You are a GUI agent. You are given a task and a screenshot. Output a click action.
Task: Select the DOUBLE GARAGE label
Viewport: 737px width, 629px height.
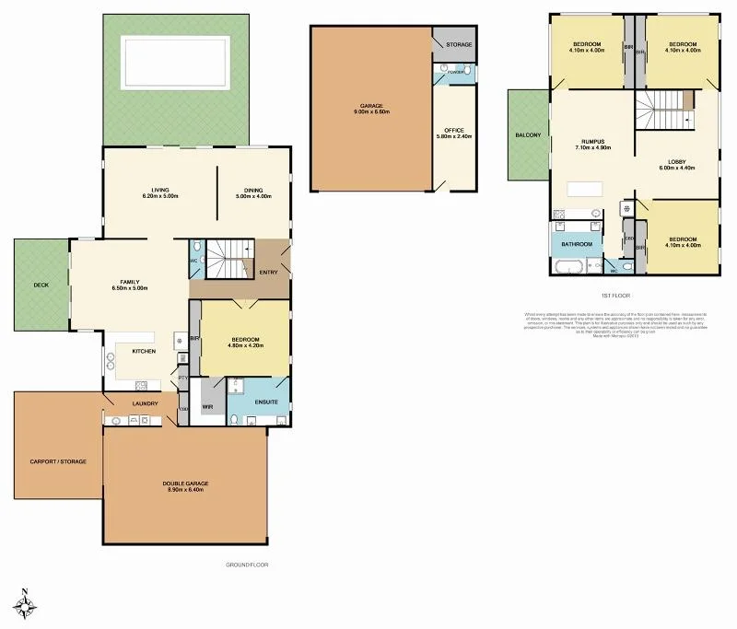point(185,483)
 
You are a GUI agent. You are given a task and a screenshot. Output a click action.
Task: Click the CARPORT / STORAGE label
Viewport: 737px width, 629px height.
point(58,461)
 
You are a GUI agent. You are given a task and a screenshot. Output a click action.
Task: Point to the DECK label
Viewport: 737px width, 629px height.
point(41,285)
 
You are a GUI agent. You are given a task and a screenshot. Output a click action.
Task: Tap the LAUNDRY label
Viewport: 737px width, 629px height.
point(146,403)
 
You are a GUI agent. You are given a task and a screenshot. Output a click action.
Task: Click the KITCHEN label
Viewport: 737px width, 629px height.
point(143,351)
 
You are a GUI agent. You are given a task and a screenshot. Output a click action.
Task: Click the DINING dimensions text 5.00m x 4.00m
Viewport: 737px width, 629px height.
point(254,196)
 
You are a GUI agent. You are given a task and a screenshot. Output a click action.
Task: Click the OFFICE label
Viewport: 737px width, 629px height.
point(453,131)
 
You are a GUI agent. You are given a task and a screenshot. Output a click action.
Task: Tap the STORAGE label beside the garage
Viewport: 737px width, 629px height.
point(459,44)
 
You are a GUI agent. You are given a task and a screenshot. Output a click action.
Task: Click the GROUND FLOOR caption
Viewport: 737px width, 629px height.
point(247,565)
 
